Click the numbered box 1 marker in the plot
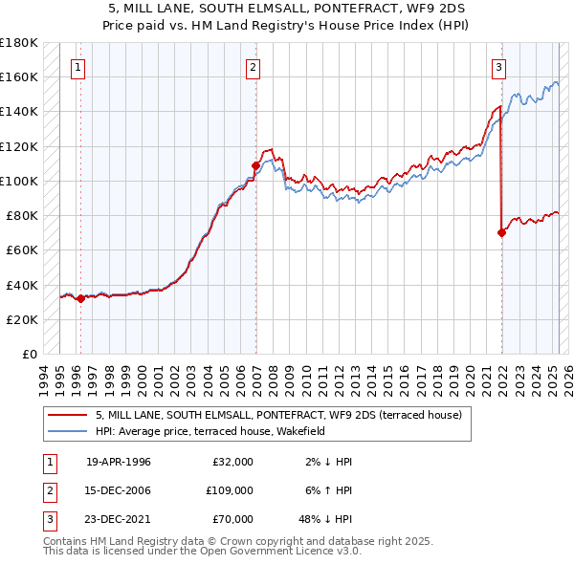(77, 67)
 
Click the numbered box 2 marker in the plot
(253, 67)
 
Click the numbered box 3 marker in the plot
(499, 67)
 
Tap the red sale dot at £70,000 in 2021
(501, 232)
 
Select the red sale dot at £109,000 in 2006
(255, 165)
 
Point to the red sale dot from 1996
(80, 298)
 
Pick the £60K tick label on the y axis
(22, 250)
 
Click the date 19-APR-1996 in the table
(119, 462)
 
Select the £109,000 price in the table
(230, 490)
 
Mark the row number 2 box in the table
(50, 490)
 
